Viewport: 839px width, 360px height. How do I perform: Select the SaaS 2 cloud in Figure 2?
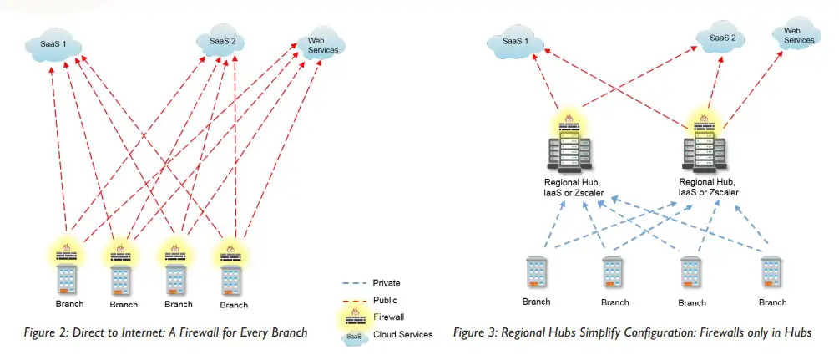click(220, 41)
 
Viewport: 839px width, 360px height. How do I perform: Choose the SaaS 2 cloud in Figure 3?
click(722, 38)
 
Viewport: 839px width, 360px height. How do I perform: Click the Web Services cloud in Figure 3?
click(796, 35)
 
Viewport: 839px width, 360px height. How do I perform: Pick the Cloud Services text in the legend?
click(404, 335)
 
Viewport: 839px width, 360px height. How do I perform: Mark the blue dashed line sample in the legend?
click(354, 283)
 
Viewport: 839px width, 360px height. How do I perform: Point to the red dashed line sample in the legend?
click(354, 300)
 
